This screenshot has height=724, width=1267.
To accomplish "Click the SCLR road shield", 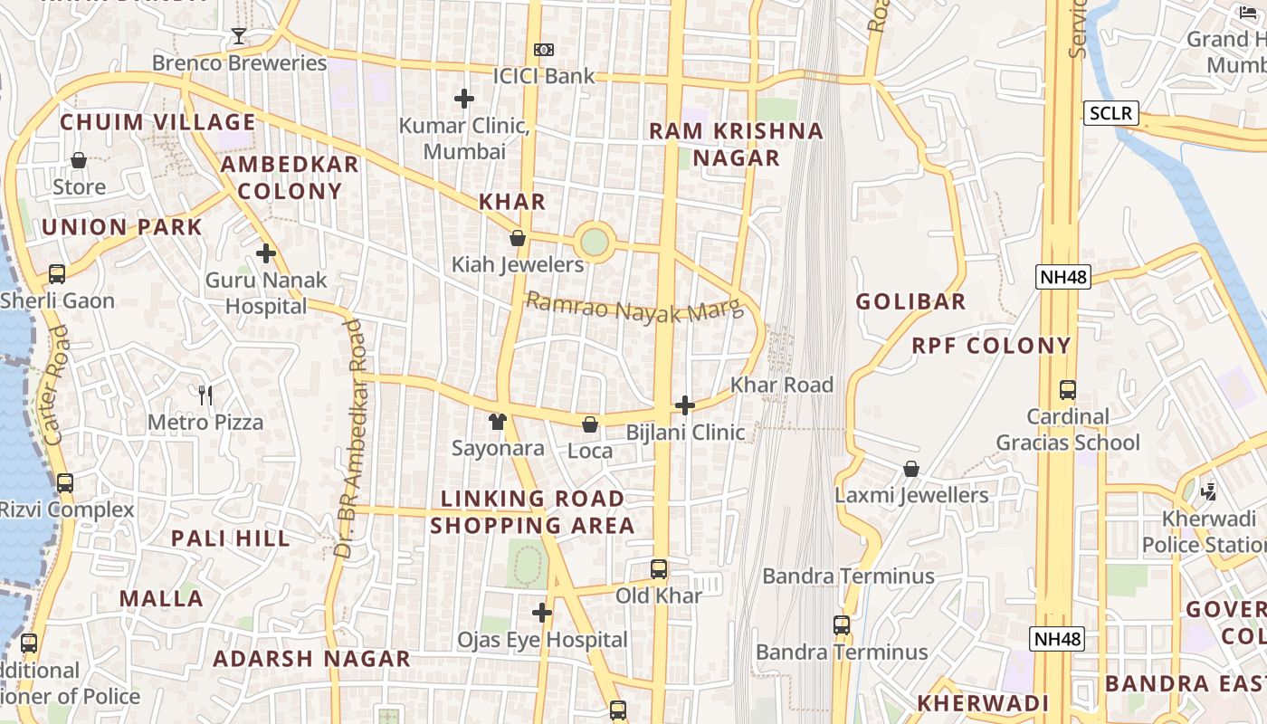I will (x=1110, y=113).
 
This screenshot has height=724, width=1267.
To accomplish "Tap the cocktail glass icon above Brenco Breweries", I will (x=238, y=36).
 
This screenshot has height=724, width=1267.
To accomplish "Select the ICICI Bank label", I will (x=543, y=76).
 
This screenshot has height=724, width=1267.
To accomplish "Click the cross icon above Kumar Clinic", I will (x=464, y=99).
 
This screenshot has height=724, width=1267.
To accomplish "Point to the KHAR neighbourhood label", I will (x=512, y=202).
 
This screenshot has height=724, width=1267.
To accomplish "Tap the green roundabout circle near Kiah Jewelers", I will (x=594, y=242).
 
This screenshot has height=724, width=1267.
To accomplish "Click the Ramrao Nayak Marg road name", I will (x=633, y=309).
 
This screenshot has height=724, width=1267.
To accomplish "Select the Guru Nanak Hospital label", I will (x=266, y=293).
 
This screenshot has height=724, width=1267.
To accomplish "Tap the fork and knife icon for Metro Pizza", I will (x=205, y=395).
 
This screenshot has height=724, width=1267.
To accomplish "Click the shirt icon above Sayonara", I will (x=498, y=422).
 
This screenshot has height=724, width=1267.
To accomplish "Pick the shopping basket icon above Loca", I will (x=590, y=424).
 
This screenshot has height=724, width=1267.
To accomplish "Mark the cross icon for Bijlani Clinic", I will (x=685, y=405).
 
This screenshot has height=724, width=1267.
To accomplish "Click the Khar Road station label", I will (x=781, y=385).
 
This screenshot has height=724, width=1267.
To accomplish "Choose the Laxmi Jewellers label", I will (x=910, y=495).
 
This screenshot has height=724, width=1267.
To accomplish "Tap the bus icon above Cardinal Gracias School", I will (x=1068, y=390).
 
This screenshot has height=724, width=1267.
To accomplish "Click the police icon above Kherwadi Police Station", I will (x=1207, y=491).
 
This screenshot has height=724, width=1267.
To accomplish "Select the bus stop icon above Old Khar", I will (x=659, y=569).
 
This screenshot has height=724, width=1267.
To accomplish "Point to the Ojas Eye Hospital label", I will (x=541, y=640).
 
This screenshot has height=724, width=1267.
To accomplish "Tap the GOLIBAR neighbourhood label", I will (x=910, y=301).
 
